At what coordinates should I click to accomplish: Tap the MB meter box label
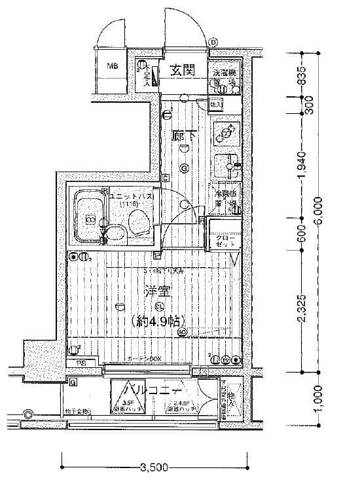pyautogui.click(x=113, y=66)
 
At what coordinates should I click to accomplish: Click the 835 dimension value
pyautogui.click(x=302, y=77)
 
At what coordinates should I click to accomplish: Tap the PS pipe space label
pyautogui.click(x=82, y=362)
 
